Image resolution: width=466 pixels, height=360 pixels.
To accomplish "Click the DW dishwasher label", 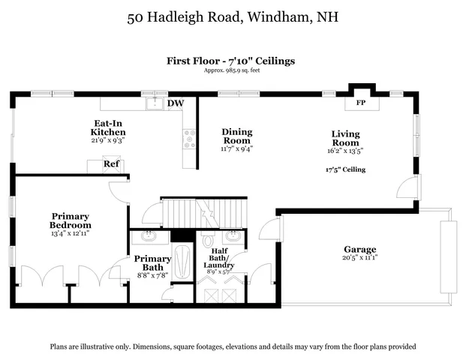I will (176, 103).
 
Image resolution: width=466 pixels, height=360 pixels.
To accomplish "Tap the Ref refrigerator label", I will (111, 163).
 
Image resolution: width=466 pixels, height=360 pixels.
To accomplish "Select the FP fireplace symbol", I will (360, 102).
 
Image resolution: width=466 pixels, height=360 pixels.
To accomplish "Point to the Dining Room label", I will (236, 136).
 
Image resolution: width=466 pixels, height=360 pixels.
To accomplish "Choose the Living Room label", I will (346, 138).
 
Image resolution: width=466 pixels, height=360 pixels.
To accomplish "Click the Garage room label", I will (360, 249).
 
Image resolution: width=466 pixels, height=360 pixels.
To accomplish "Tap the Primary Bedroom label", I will (71, 220).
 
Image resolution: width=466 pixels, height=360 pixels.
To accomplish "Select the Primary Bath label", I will (152, 262).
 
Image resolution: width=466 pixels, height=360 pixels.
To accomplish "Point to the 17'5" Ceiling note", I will (345, 169).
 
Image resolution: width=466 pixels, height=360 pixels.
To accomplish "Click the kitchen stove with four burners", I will (189, 138).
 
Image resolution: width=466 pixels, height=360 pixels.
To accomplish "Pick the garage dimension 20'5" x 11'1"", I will (360, 257).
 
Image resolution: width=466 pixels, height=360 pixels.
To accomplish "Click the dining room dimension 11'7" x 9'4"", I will (236, 148).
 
